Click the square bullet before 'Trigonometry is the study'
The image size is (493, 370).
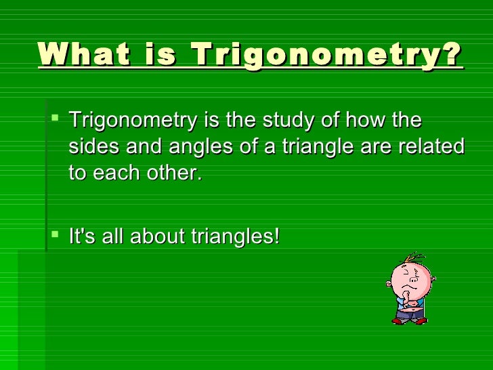[x=56, y=122]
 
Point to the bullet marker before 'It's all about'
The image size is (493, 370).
[x=56, y=237]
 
